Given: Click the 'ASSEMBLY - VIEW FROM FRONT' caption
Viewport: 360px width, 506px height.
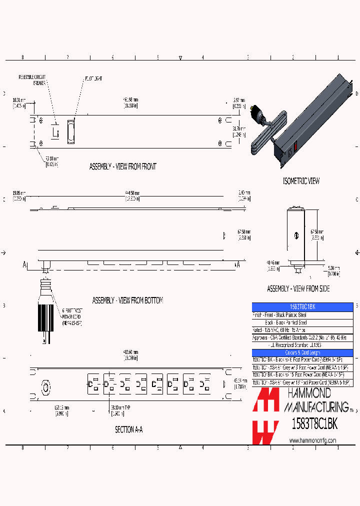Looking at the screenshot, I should tap(122, 166).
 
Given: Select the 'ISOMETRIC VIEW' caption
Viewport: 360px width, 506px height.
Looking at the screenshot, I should tap(301, 181).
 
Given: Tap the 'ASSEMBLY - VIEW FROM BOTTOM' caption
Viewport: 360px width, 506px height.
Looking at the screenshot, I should tap(127, 300).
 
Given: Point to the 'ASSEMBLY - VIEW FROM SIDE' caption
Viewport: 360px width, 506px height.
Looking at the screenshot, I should tap(298, 289).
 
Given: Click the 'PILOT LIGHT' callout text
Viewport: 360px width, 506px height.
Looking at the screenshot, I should tap(92, 78).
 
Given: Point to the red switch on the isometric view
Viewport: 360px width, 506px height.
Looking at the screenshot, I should tap(295, 146).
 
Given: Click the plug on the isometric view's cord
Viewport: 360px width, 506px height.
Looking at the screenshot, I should tap(258, 112).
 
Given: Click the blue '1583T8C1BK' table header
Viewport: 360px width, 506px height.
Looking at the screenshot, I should tap(302, 306).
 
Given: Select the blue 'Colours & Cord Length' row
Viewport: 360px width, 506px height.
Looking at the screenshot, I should tap(302, 352).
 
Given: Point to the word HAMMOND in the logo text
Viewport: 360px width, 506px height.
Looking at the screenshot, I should tap(308, 394).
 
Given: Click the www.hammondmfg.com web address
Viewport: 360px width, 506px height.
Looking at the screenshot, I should tap(312, 440).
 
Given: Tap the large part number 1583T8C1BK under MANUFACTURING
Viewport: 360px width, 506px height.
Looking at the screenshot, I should tap(314, 423).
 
